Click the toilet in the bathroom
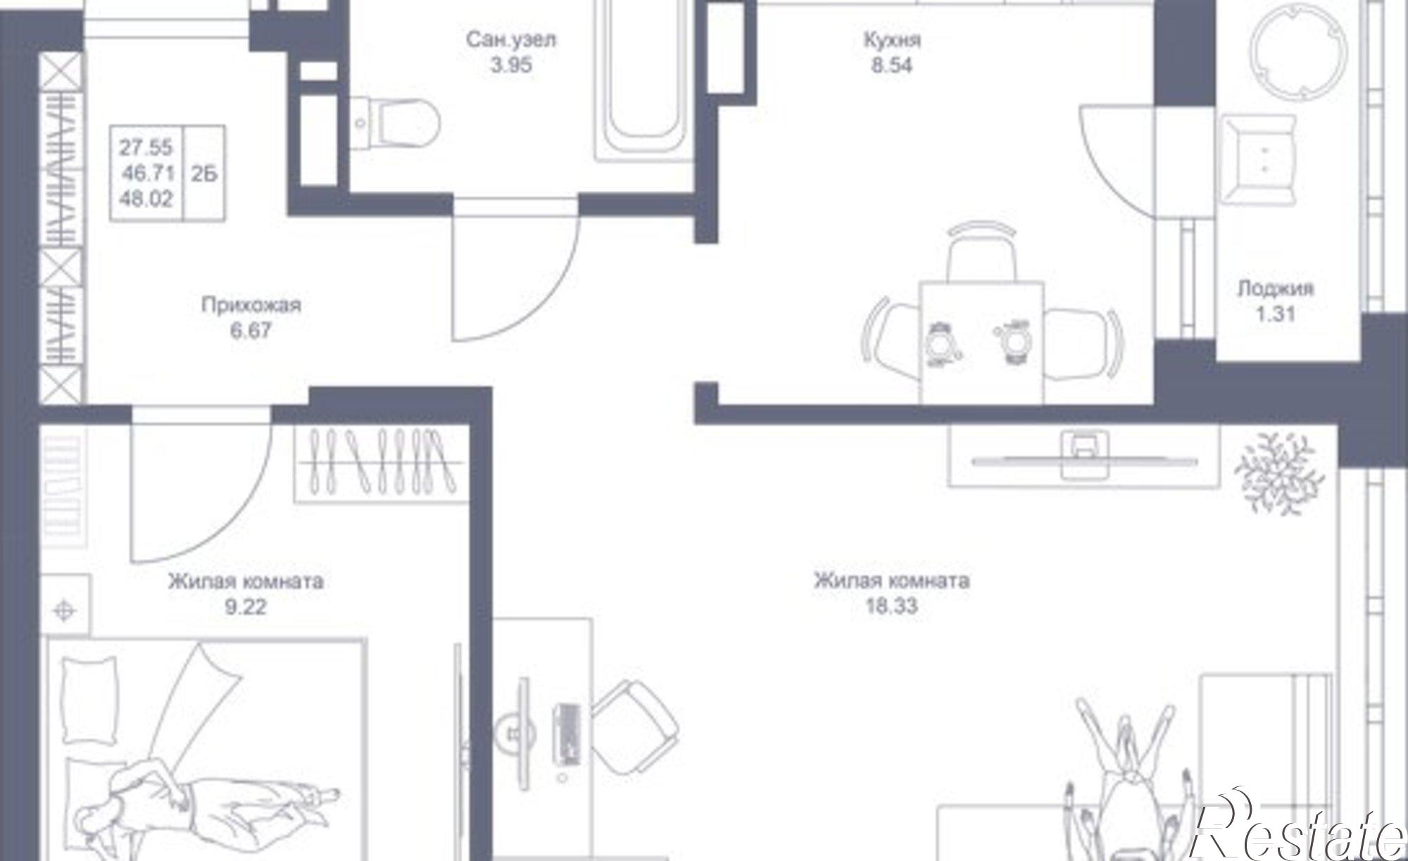[394, 124]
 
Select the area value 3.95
[511, 65]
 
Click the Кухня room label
[892, 40]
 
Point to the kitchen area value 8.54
[891, 66]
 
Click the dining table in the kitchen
[981, 342]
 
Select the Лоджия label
[1276, 289]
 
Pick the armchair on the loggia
[1258, 160]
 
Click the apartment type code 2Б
[204, 173]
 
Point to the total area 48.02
[146, 199]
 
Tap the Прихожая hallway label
[251, 305]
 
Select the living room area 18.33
[891, 605]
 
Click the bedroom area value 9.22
[246, 606]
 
